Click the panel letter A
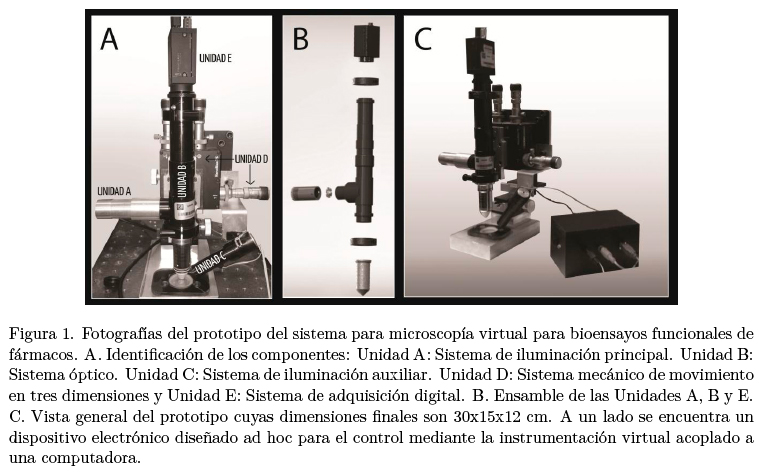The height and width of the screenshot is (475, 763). pyautogui.click(x=109, y=39)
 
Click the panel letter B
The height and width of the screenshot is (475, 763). pyautogui.click(x=300, y=39)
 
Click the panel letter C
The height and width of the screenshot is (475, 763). pyautogui.click(x=423, y=39)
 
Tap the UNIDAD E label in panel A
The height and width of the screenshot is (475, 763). pyautogui.click(x=215, y=58)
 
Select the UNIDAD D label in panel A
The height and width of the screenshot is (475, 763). pyautogui.click(x=251, y=159)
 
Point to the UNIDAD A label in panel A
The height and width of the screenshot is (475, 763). pyautogui.click(x=115, y=191)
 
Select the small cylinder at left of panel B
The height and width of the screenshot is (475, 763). pyautogui.click(x=305, y=193)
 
